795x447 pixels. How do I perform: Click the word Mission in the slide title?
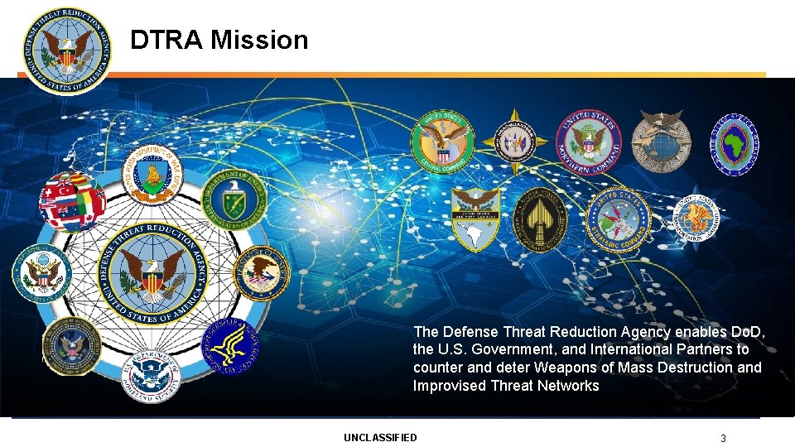[259, 40]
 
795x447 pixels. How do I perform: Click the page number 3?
[723, 438]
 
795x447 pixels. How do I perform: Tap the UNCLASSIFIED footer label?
[380, 437]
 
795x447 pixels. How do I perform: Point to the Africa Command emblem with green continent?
[735, 142]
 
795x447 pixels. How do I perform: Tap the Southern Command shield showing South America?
[475, 219]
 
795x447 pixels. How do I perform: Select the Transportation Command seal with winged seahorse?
[696, 218]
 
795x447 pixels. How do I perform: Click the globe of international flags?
[72, 201]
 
